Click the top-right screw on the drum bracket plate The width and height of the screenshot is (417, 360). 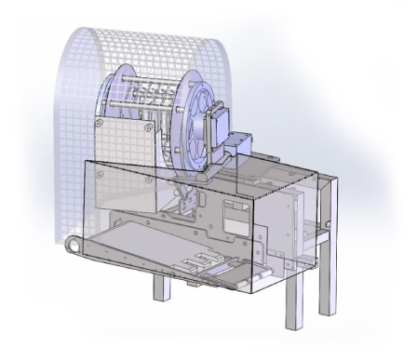(147, 124)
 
